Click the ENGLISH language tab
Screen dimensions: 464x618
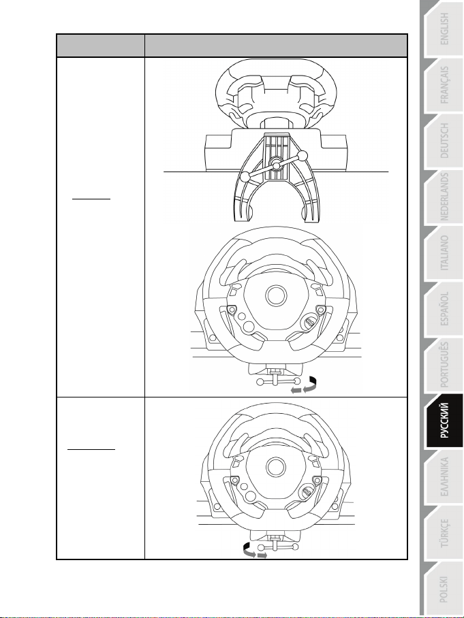(x=444, y=29)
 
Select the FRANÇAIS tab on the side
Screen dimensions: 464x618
(x=444, y=85)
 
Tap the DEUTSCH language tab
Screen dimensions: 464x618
(x=444, y=141)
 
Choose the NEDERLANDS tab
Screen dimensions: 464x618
(x=444, y=197)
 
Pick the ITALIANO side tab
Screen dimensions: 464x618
(x=444, y=253)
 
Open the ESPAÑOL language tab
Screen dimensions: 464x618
(x=444, y=309)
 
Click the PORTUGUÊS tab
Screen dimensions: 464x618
(x=444, y=365)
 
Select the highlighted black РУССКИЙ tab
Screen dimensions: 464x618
(x=444, y=421)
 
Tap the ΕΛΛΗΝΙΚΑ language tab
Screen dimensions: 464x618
(x=444, y=477)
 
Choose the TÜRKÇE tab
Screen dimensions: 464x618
(x=444, y=533)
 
